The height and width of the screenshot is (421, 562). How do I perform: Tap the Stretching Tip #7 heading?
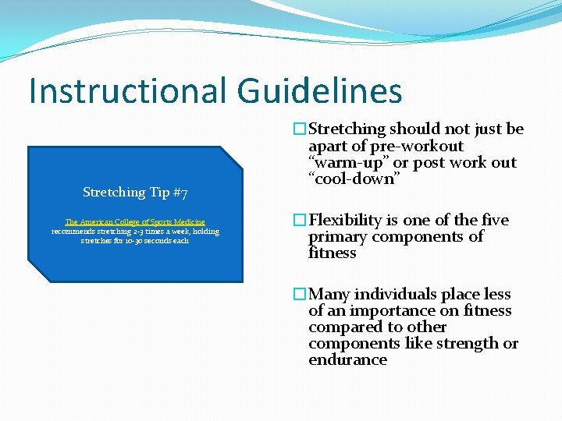click(135, 192)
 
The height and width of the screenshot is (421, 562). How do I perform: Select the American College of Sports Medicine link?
click(135, 222)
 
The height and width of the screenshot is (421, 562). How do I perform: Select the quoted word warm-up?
click(341, 162)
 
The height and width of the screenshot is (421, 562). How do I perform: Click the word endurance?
click(347, 359)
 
